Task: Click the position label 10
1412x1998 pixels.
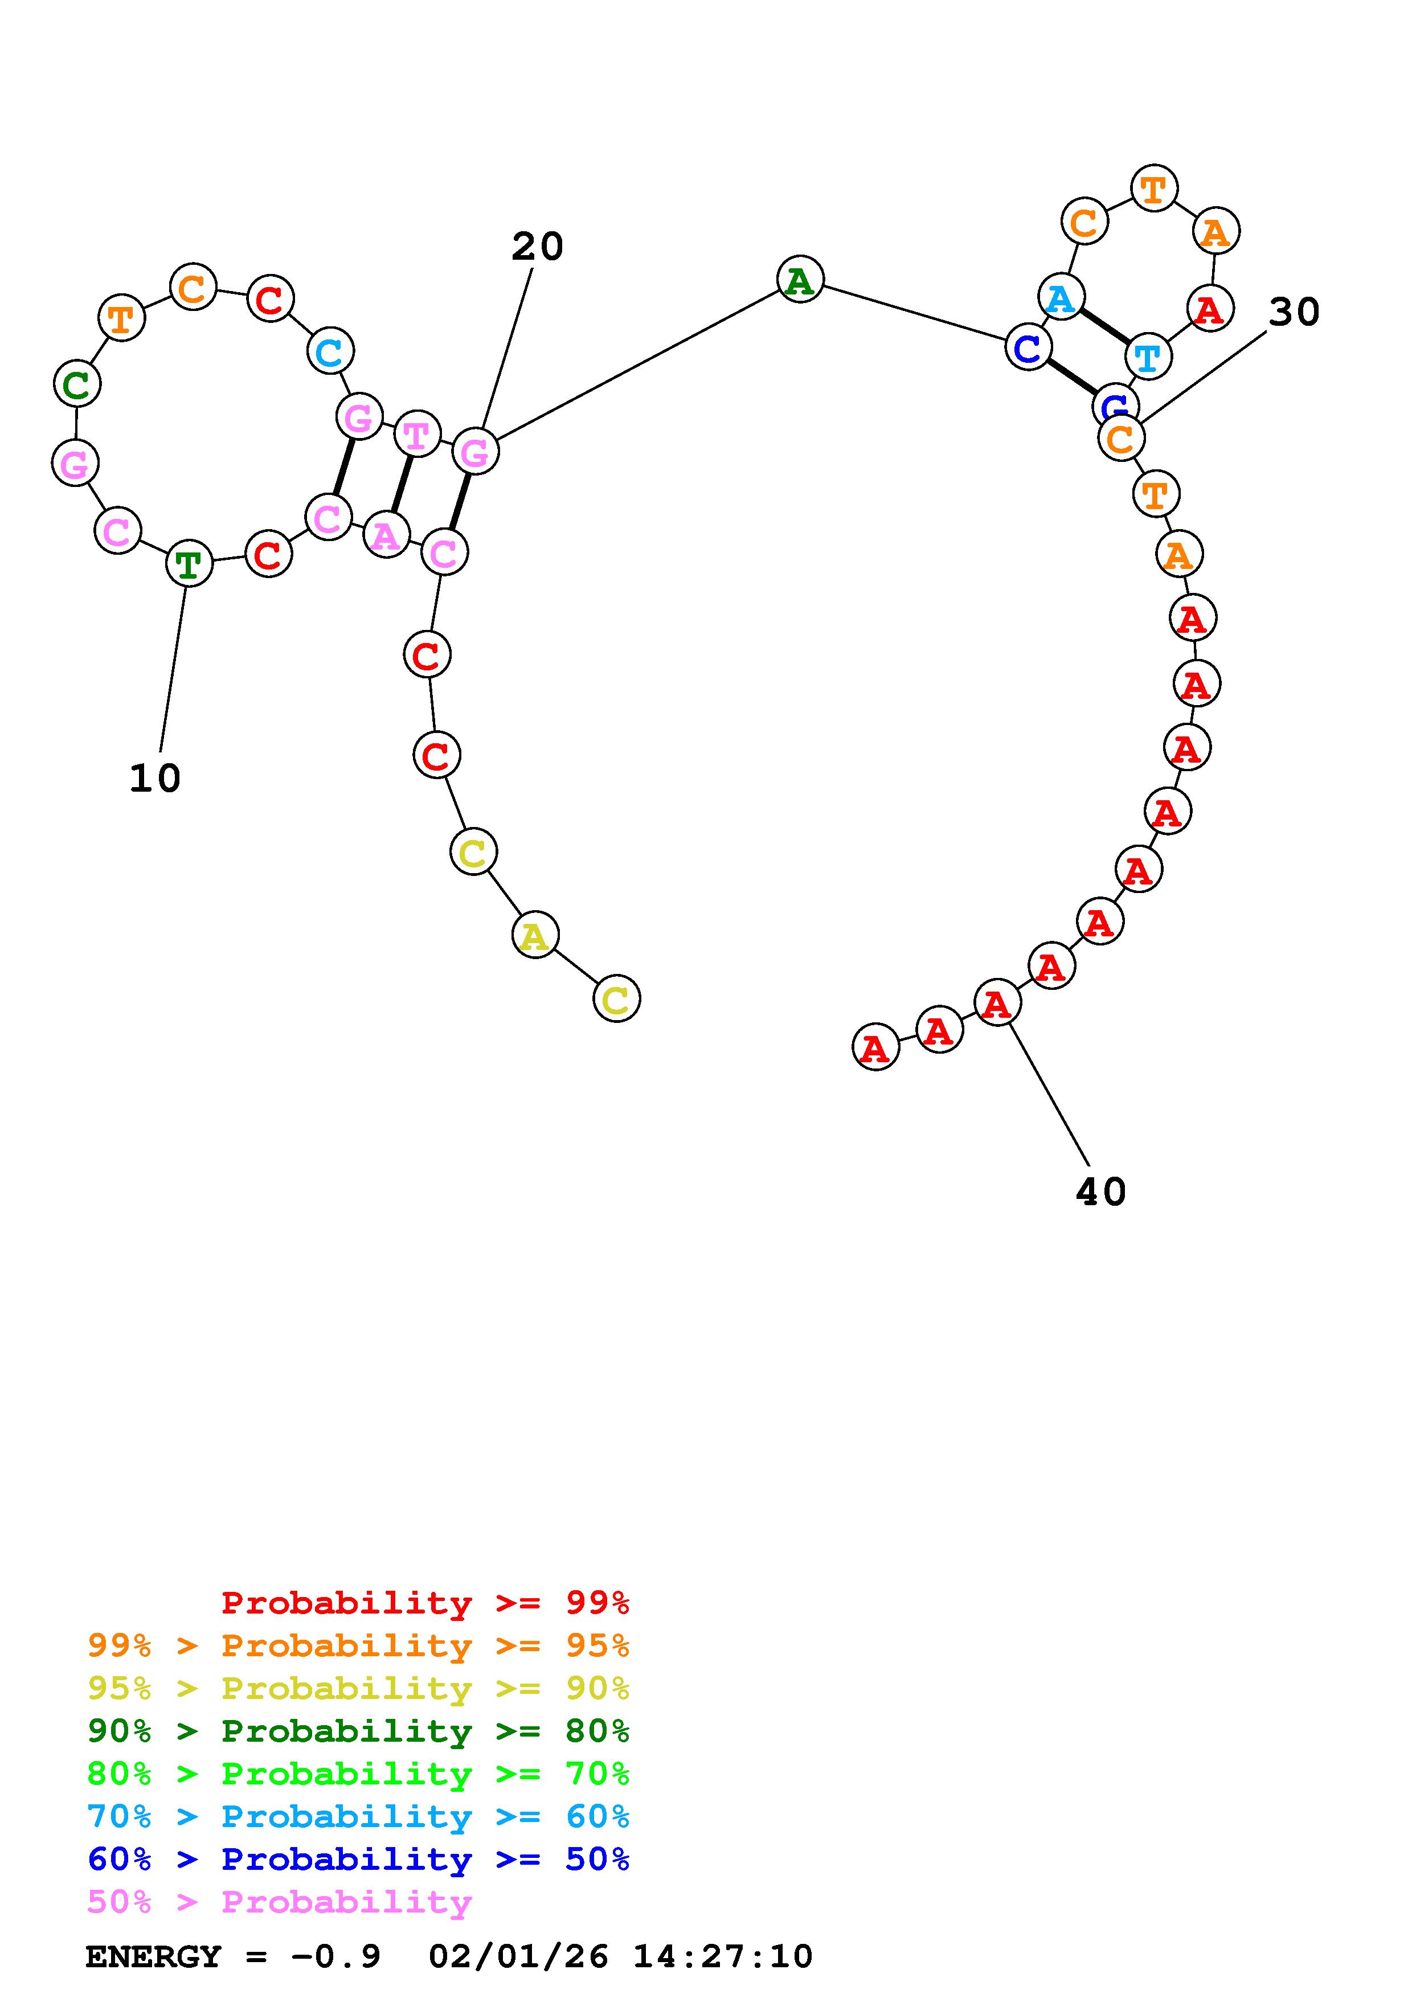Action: pyautogui.click(x=155, y=778)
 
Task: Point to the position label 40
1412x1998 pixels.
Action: pyautogui.click(x=1100, y=1192)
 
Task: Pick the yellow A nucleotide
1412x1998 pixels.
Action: pyautogui.click(x=535, y=935)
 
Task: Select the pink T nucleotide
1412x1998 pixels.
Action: pyautogui.click(x=417, y=434)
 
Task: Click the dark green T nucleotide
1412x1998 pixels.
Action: pyautogui.click(x=189, y=564)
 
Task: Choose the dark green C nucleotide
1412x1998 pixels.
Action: pyautogui.click(x=76, y=384)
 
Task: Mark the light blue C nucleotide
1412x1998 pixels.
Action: pyautogui.click(x=330, y=351)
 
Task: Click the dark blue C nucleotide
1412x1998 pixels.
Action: pyautogui.click(x=1028, y=348)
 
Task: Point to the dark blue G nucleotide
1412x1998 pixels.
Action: pyautogui.click(x=1115, y=404)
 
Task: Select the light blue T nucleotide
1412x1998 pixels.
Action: pyautogui.click(x=1148, y=356)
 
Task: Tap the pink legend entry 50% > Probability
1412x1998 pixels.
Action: pyautogui.click(x=279, y=1902)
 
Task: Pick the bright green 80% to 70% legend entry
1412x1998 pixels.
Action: pyautogui.click(x=358, y=1774)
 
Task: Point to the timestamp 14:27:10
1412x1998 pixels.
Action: pyautogui.click(x=722, y=1957)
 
